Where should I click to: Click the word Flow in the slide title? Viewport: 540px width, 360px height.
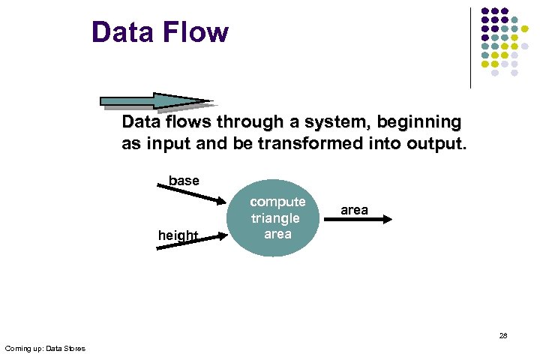[x=194, y=32]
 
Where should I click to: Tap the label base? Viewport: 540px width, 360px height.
[x=184, y=181]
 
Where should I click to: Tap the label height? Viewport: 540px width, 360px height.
[x=178, y=235]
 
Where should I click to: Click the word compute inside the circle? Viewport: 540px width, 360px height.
[x=277, y=202]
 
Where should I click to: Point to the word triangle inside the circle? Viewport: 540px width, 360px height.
[x=275, y=218]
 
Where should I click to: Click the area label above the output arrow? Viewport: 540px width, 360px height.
[x=354, y=210]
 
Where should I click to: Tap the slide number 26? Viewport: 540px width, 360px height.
[x=502, y=335]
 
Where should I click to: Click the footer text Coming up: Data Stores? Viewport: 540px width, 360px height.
[x=45, y=348]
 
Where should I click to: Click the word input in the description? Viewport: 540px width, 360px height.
[x=163, y=144]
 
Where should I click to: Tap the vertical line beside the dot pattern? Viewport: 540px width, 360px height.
[x=470, y=48]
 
